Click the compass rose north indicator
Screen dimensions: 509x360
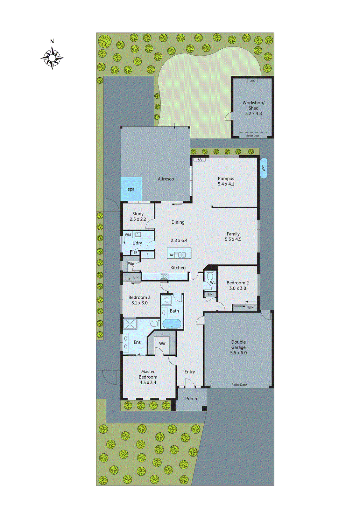(x=52, y=41)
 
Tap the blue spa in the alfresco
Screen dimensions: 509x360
(x=131, y=189)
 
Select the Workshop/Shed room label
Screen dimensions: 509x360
(x=253, y=105)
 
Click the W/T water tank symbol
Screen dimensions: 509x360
(x=264, y=168)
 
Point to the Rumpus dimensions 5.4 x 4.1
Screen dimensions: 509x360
(x=226, y=184)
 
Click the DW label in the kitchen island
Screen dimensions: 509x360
(x=171, y=255)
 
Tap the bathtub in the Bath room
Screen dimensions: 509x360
(x=172, y=324)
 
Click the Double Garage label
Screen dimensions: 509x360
(x=238, y=345)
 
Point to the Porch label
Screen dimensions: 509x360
(x=191, y=399)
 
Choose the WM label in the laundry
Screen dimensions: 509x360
(x=128, y=235)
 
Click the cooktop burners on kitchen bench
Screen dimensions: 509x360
(x=164, y=276)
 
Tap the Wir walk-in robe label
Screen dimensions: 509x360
(x=162, y=344)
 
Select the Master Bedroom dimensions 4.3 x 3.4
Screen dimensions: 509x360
(x=148, y=382)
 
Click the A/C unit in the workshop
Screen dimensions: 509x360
(x=252, y=81)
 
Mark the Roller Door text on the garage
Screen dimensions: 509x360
(x=239, y=385)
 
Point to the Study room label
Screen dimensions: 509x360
(x=138, y=214)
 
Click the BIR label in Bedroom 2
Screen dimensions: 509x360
(x=251, y=307)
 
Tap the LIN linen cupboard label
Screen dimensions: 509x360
(x=210, y=295)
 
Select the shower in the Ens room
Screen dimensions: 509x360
(x=130, y=324)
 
